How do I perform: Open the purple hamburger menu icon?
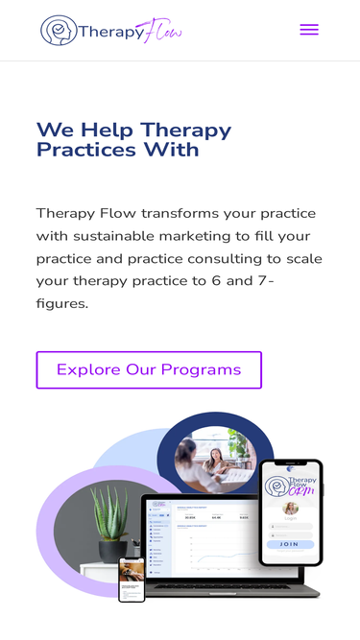pyautogui.click(x=309, y=30)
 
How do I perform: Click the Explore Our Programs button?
pyautogui.click(x=149, y=369)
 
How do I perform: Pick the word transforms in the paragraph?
pyautogui.click(x=181, y=213)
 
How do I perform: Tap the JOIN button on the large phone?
pyautogui.click(x=289, y=544)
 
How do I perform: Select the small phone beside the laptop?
pyautogui.click(x=132, y=579)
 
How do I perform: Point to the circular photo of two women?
pyautogui.click(x=215, y=458)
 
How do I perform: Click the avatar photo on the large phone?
pyautogui.click(x=289, y=509)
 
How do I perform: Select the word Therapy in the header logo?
pyautogui.click(x=109, y=31)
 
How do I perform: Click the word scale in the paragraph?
pyautogui.click(x=303, y=259)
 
